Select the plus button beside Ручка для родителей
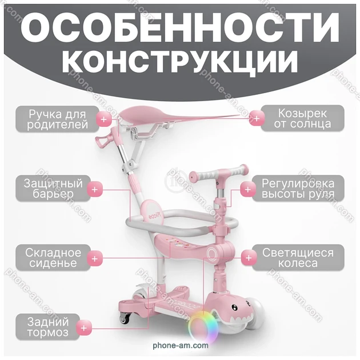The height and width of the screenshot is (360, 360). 104,119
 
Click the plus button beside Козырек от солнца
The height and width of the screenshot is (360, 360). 257,118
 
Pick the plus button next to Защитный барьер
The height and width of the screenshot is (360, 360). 95,189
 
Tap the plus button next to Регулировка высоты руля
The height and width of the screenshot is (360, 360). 248,189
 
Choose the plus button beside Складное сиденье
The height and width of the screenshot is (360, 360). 95,258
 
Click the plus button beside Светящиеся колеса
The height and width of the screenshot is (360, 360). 249,258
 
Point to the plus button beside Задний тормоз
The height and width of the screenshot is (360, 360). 84,327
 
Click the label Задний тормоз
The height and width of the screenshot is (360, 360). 48,327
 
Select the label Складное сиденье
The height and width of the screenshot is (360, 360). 53,258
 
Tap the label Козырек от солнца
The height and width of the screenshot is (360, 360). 302,118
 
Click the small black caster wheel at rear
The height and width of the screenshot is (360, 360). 125,319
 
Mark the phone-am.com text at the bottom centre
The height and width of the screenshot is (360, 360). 181,345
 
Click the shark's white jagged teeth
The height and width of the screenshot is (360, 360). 239,318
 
